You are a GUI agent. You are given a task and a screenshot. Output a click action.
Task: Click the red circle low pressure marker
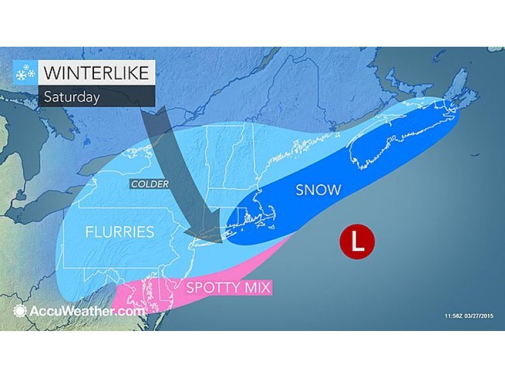coord(357,242)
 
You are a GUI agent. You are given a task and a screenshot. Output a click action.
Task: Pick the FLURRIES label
coord(120,232)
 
